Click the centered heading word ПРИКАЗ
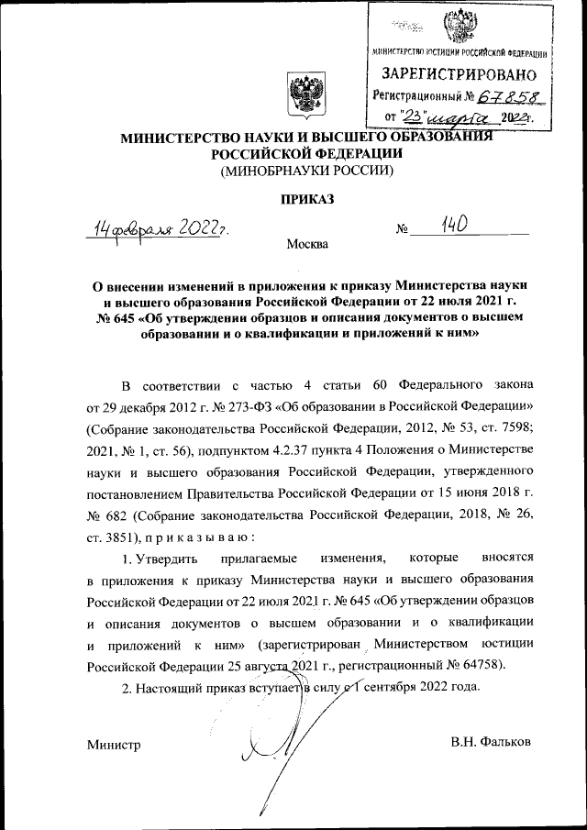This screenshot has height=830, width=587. click(305, 198)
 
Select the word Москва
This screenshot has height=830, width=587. click(305, 245)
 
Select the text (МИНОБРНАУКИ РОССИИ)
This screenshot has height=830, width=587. click(305, 171)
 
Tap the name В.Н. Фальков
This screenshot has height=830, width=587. click(490, 740)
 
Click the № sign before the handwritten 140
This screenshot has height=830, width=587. click(401, 228)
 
